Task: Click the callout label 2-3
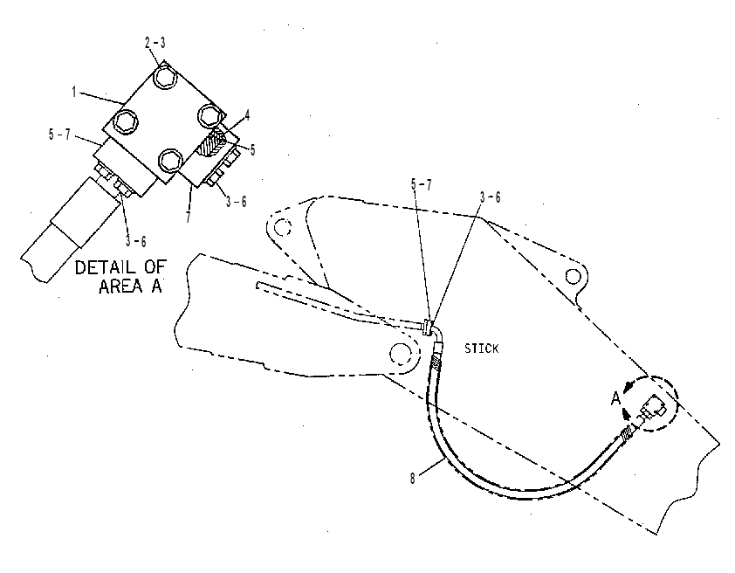(x=155, y=43)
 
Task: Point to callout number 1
(x=73, y=92)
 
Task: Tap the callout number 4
(x=247, y=115)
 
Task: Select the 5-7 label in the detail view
(x=59, y=135)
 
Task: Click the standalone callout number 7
(x=189, y=217)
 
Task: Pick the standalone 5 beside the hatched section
(x=252, y=149)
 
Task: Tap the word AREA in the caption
(x=120, y=286)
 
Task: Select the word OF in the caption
(x=155, y=267)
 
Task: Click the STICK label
(x=481, y=349)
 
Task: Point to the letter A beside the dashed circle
(x=615, y=399)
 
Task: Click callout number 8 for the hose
(x=413, y=479)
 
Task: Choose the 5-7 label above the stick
(x=422, y=184)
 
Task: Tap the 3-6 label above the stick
(x=490, y=197)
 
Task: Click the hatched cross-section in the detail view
(x=210, y=143)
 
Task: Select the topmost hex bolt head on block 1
(x=165, y=77)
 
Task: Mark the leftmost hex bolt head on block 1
(x=127, y=121)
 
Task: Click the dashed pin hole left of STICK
(x=401, y=354)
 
